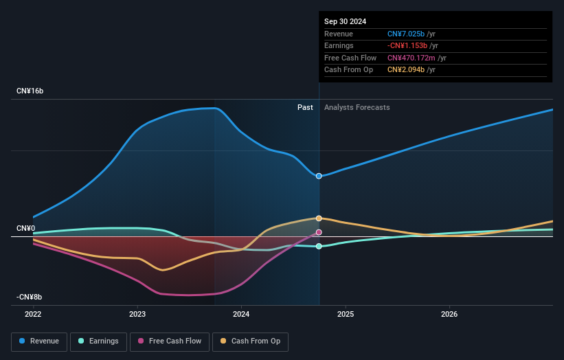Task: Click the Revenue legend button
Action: [x=39, y=341]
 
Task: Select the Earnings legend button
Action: [x=98, y=341]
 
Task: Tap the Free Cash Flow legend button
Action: [x=170, y=341]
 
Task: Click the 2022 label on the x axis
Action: [x=33, y=314]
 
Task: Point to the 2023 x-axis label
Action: [x=137, y=314]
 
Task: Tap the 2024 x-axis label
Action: [x=241, y=314]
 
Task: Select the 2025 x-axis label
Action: [x=346, y=314]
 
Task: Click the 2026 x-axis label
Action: [x=449, y=314]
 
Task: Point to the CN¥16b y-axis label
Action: [x=31, y=91]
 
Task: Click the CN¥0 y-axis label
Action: [x=27, y=228]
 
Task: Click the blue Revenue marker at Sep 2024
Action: [x=319, y=176]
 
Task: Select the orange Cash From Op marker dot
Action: [x=319, y=218]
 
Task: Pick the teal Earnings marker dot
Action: [x=319, y=246]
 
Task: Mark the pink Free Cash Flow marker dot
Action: [x=319, y=232]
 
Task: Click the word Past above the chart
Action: [x=305, y=107]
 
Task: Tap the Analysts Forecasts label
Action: [x=357, y=107]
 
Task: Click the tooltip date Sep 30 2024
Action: [x=345, y=21]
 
